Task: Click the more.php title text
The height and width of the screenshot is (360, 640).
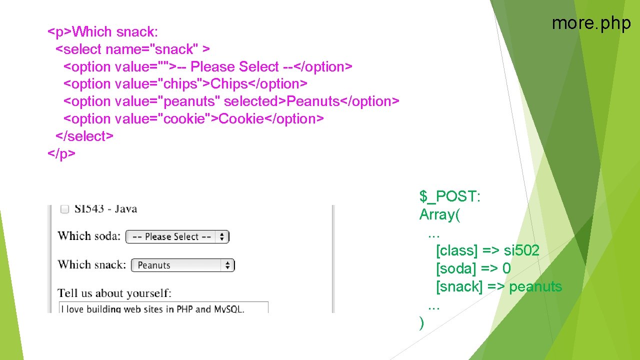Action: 591,23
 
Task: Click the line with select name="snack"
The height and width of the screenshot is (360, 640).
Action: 132,49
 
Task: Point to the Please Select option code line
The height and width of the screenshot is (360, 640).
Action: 208,67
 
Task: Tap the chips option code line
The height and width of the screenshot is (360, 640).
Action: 185,84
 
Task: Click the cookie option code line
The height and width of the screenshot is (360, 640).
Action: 193,119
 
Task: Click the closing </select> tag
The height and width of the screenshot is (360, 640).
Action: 84,136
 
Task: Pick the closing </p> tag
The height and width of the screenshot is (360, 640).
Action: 61,153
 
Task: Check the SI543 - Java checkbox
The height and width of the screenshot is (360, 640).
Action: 64,209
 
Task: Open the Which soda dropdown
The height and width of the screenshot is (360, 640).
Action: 177,236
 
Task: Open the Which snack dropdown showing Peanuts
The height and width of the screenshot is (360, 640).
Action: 182,265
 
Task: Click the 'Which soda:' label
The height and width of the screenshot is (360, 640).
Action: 89,236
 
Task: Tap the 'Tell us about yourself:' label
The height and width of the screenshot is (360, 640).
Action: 114,293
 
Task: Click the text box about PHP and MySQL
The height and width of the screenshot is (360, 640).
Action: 163,308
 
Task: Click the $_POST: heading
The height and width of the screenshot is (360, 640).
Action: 449,197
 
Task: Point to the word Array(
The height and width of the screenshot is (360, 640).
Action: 440,215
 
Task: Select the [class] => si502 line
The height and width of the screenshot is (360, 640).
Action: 487,250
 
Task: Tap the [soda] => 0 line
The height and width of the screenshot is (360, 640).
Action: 473,268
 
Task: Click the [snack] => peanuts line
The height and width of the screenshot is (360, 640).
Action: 499,286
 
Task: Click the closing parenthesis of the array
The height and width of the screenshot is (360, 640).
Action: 422,323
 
